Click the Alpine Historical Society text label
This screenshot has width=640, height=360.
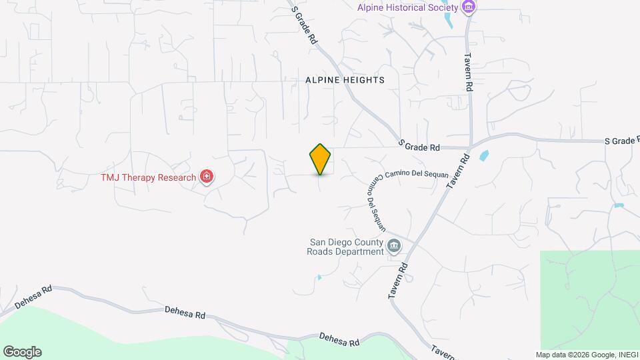pos(407,7)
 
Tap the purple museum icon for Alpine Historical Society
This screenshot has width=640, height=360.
pos(469,7)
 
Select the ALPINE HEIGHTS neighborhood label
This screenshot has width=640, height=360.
pos(345,80)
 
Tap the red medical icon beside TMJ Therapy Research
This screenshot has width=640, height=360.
pos(207,177)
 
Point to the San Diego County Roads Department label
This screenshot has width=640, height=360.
pos(345,247)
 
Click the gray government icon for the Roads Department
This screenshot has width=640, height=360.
pos(394,247)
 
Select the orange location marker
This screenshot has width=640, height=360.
pos(320,159)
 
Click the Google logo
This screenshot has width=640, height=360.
pos(22,352)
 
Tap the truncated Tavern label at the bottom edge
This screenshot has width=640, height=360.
pos(443,351)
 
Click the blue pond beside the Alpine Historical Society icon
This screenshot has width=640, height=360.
pos(448,21)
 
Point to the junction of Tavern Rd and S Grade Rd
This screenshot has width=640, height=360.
pos(470,146)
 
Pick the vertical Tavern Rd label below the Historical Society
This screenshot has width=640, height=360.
pos(469,72)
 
